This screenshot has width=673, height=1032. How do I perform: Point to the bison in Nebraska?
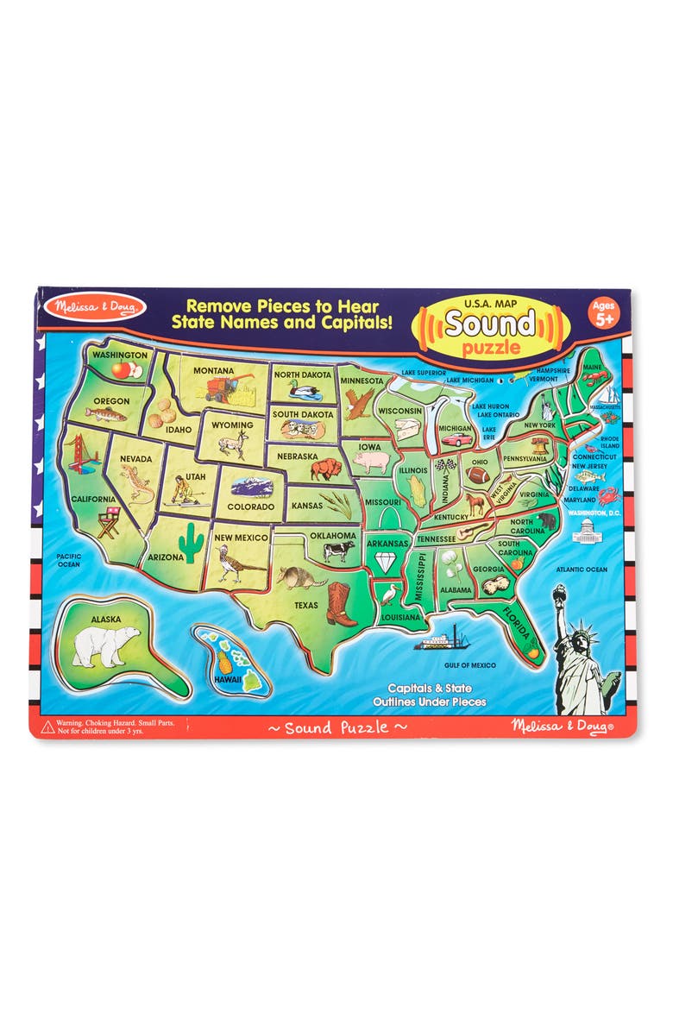pyautogui.click(x=326, y=469)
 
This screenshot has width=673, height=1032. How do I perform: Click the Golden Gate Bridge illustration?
pyautogui.click(x=83, y=452)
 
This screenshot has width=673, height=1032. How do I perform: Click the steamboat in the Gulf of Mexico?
pyautogui.click(x=440, y=641)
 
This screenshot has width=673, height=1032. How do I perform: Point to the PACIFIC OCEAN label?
pyautogui.click(x=68, y=560)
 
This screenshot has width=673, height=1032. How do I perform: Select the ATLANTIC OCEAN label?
pyautogui.click(x=582, y=569)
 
